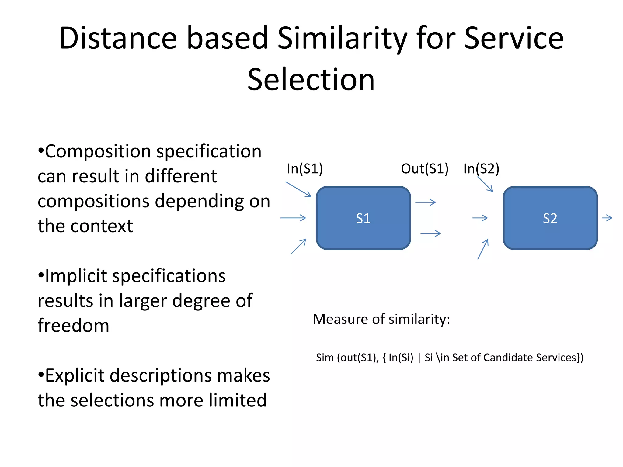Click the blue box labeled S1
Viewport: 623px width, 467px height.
363,218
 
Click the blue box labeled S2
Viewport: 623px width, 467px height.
550,218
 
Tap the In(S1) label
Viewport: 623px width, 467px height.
305,169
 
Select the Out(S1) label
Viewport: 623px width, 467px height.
424,169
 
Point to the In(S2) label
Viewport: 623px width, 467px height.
481,169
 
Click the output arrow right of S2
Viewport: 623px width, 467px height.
607,218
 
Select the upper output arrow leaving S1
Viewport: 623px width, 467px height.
426,202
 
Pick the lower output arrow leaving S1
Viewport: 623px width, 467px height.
430,233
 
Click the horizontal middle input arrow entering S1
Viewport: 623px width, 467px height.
293,218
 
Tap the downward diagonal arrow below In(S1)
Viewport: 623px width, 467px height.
298,189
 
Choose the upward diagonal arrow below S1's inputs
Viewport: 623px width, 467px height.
298,247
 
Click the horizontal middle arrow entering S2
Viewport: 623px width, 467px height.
480,218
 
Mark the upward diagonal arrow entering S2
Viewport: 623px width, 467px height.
483,249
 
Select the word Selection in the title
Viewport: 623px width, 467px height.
311,80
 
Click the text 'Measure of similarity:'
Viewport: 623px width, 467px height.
381,319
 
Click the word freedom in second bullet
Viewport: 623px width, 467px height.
73,326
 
